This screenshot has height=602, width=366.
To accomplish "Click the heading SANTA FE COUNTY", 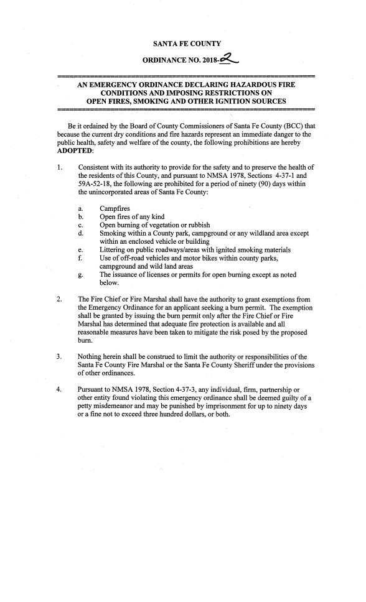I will pos(186,43).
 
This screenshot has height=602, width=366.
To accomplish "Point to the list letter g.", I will pos(81,274).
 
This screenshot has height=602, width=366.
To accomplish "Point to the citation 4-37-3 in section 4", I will pos(181,389).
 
